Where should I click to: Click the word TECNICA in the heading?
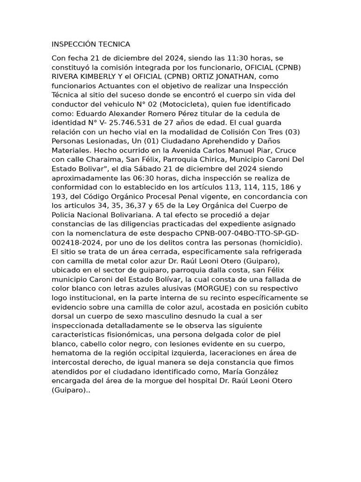pyautogui.click(x=114, y=44)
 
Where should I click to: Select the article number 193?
pyautogui.click(x=58, y=196)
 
